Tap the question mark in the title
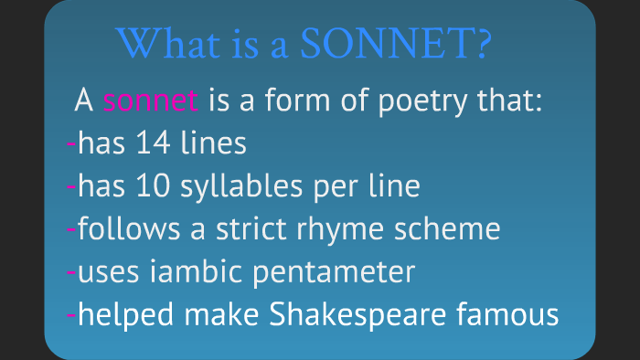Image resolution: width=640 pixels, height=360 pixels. [x=483, y=43]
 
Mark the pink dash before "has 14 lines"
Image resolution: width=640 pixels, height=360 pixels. [x=72, y=144]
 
